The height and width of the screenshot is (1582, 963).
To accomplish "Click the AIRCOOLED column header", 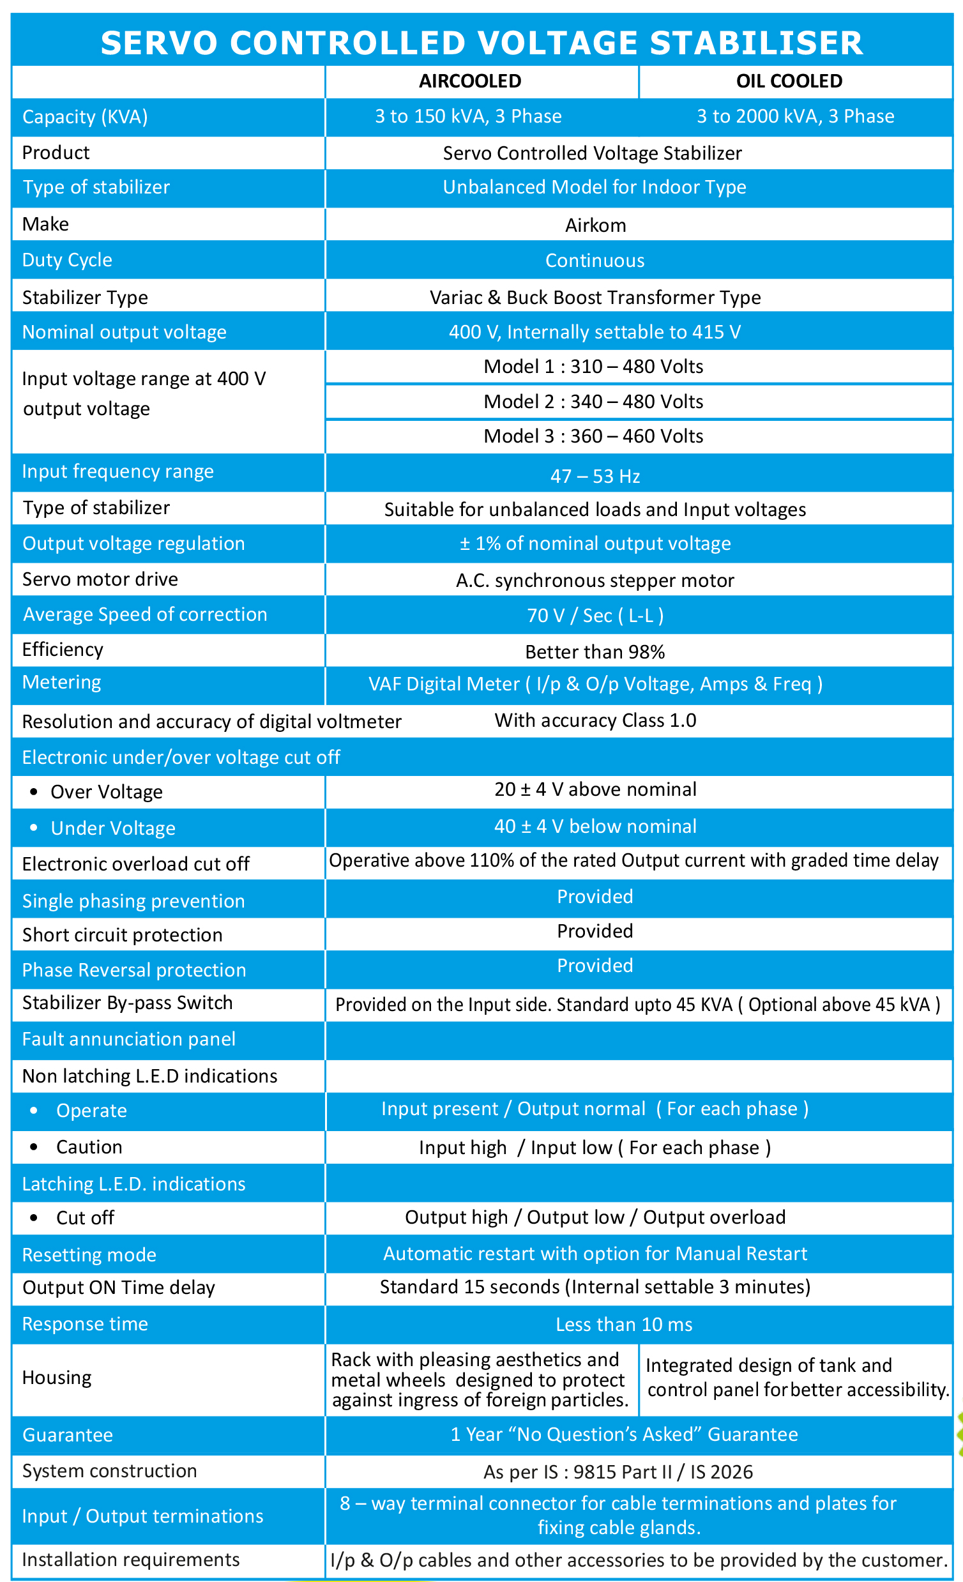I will (470, 82).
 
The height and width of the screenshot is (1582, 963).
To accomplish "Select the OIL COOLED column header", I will (789, 82).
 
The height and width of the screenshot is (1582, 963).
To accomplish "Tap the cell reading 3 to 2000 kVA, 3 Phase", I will (796, 116).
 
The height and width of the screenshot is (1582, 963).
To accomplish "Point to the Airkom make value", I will (595, 225).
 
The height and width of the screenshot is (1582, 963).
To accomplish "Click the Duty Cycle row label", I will (68, 260).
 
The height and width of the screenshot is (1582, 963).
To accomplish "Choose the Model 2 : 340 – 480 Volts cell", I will (593, 402).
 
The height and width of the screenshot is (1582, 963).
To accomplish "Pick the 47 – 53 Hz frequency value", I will (595, 476).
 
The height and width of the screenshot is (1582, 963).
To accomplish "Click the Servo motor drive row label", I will (100, 579).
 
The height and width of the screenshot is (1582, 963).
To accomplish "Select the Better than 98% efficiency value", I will (595, 652).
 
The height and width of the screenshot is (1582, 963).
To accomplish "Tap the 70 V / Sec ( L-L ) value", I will (595, 616).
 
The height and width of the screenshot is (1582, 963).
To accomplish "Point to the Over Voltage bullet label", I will (107, 793).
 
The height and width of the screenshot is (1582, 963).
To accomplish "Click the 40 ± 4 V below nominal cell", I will (595, 826).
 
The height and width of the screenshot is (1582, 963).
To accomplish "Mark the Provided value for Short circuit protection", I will (595, 931).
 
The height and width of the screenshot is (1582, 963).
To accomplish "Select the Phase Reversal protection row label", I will (134, 970).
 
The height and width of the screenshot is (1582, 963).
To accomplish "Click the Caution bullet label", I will (89, 1147).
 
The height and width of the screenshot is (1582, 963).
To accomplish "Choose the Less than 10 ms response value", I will (624, 1325).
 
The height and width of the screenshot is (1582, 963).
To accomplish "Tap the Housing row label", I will (57, 1377).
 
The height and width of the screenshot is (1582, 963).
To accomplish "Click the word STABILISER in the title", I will (756, 43).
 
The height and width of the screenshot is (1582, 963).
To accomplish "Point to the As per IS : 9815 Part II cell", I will (618, 1472).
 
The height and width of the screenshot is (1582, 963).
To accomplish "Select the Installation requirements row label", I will (131, 1560).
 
